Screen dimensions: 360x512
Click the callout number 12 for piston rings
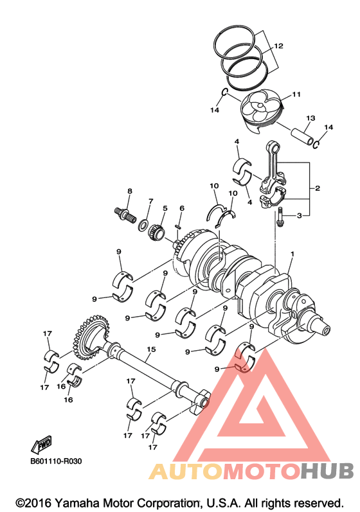point(278,46)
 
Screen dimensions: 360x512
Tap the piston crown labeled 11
point(261,108)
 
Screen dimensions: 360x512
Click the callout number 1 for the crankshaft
point(292,254)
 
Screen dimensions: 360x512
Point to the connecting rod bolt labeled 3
point(279,216)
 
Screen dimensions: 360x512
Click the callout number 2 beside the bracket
point(318,188)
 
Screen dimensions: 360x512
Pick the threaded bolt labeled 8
point(126,215)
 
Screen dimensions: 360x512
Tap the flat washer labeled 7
point(143,225)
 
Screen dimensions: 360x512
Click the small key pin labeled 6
point(178,225)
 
